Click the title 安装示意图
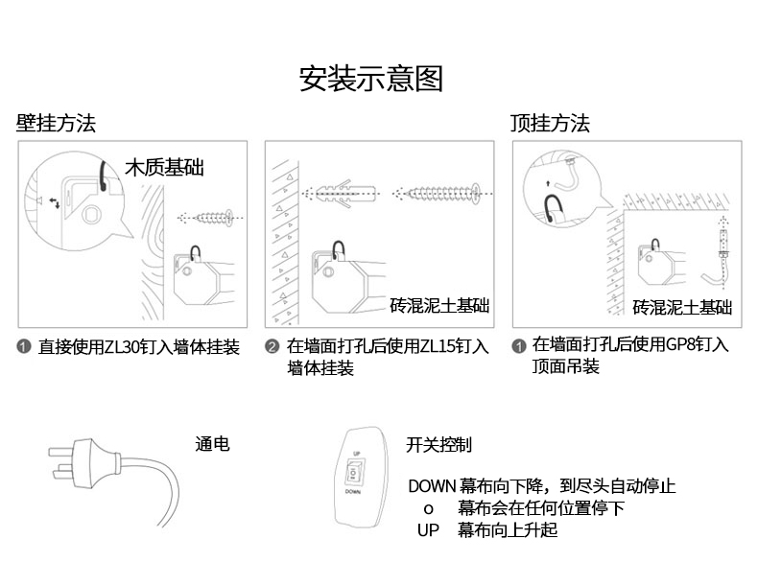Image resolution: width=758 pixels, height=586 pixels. pyautogui.click(x=371, y=79)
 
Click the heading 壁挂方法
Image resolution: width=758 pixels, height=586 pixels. pyautogui.click(x=56, y=124)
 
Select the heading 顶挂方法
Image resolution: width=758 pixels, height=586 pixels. pyautogui.click(x=549, y=124)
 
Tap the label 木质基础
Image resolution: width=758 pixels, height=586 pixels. pyautogui.click(x=165, y=168)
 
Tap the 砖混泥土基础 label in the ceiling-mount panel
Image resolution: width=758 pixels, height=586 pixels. pyautogui.click(x=682, y=307)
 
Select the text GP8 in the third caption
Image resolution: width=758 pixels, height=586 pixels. pyautogui.click(x=678, y=344)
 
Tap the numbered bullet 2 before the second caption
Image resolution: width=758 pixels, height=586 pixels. pyautogui.click(x=272, y=347)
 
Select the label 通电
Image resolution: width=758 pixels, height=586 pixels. pyautogui.click(x=212, y=444)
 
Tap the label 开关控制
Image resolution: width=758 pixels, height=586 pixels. pyautogui.click(x=438, y=444)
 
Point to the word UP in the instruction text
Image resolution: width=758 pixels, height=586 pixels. pyautogui.click(x=428, y=529)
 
